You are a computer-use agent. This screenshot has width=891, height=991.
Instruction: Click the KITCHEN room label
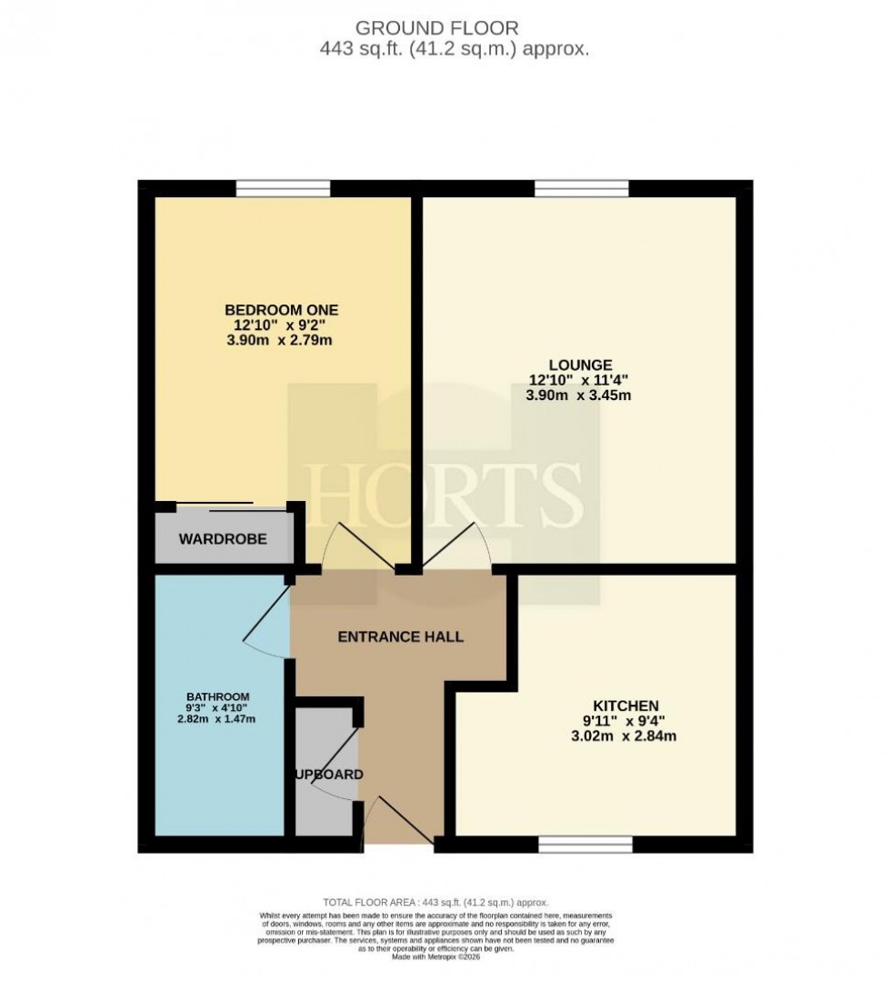(626, 706)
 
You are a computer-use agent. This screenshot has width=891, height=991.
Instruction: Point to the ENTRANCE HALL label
(400, 636)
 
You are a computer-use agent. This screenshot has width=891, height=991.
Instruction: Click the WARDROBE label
(223, 539)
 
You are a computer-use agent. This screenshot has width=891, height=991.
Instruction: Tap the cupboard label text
(328, 775)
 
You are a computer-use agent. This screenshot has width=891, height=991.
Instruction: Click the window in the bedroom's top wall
(283, 188)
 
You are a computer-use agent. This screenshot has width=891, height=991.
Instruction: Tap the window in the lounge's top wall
(582, 188)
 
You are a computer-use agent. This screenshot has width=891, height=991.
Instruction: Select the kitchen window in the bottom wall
(586, 846)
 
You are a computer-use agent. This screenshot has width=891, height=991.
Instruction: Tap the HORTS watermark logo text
(445, 492)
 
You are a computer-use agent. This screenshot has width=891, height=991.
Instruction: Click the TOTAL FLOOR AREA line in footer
(429, 901)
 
